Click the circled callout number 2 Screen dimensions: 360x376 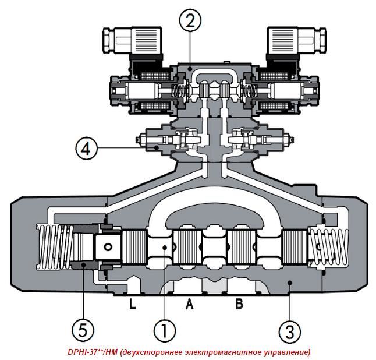[x=190, y=21]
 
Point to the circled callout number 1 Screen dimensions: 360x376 [x=165, y=330]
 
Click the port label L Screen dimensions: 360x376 [x=133, y=303]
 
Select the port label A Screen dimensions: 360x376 [x=189, y=303]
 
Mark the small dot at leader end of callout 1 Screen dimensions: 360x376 [x=165, y=249]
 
